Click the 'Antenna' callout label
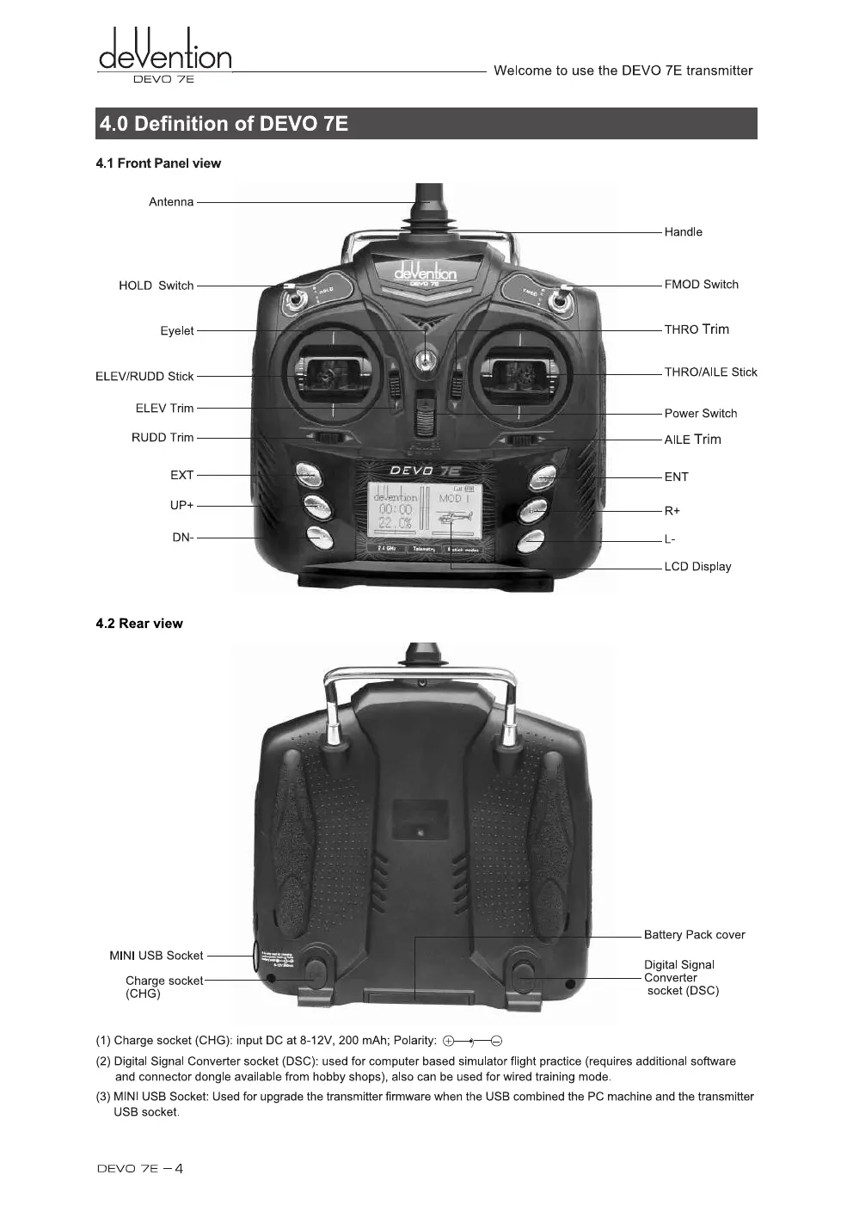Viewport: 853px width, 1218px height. [171, 202]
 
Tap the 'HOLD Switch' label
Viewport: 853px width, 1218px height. [156, 286]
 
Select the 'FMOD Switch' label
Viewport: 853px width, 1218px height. [701, 285]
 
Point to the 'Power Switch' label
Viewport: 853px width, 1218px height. [700, 414]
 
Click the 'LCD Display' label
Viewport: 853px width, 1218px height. [697, 567]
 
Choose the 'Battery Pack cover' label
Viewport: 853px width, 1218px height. [694, 935]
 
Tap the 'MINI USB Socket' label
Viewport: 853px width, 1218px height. [156, 956]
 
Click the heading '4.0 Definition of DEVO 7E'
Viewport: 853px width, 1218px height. [224, 124]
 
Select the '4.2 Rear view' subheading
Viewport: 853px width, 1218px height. [139, 624]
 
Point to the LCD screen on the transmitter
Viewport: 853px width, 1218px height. [425, 512]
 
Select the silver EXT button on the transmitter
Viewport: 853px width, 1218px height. [309, 475]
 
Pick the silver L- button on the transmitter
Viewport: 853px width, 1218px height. [531, 541]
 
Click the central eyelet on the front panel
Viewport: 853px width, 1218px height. [424, 360]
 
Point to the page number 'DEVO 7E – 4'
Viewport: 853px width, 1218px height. [139, 1168]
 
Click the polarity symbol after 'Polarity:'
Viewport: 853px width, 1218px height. [472, 1042]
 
